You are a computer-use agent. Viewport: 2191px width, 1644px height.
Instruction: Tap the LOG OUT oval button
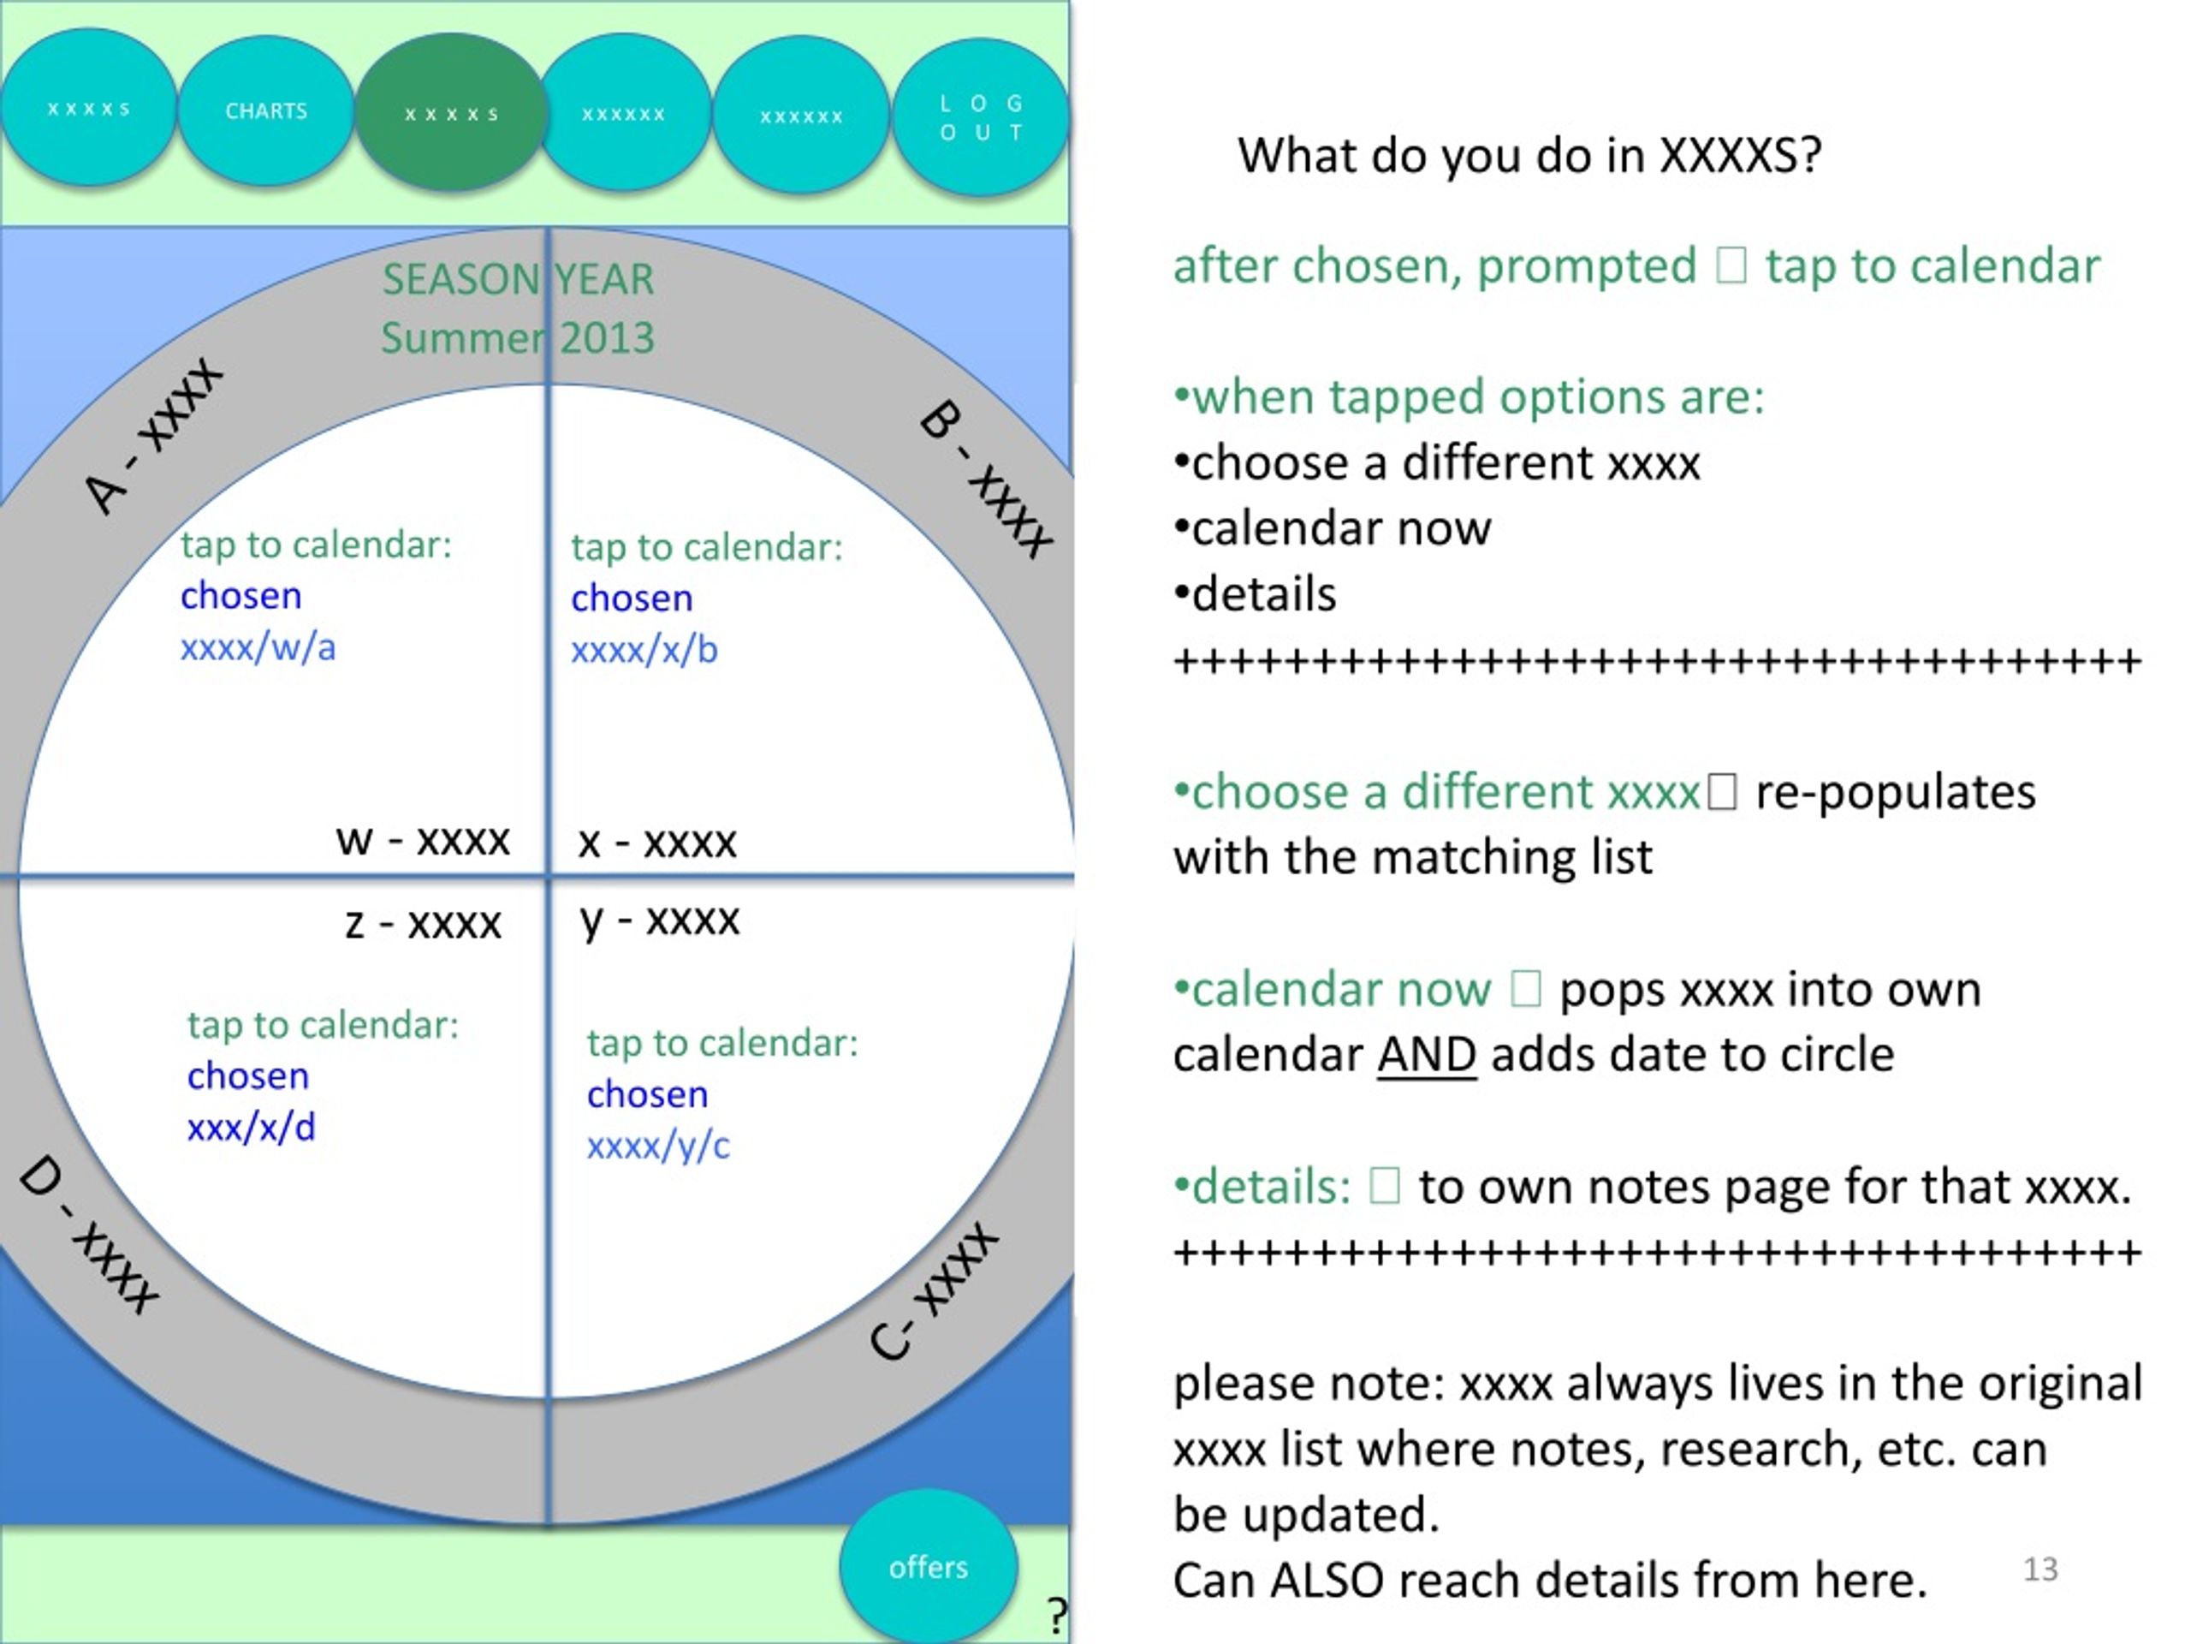pyautogui.click(x=981, y=117)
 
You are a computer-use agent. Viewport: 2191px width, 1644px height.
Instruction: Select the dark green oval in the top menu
pyautogui.click(x=451, y=113)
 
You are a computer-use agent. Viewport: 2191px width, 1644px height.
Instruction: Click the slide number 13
pyautogui.click(x=2040, y=1569)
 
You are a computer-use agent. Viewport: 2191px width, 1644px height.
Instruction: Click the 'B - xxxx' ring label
pyautogui.click(x=987, y=479)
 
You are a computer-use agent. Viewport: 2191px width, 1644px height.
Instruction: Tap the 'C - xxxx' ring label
pyautogui.click(x=934, y=1292)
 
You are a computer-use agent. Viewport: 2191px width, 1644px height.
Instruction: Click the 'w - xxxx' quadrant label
pyautogui.click(x=423, y=840)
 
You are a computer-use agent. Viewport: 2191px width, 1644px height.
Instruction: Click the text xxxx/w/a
pyautogui.click(x=258, y=647)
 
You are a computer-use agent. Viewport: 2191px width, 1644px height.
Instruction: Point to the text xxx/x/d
pyautogui.click(x=252, y=1127)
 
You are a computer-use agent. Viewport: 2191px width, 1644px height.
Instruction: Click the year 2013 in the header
pyautogui.click(x=607, y=338)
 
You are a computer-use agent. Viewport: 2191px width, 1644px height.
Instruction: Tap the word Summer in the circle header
pyautogui.click(x=462, y=338)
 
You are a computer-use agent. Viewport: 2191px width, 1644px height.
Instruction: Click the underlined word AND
pyautogui.click(x=1427, y=1054)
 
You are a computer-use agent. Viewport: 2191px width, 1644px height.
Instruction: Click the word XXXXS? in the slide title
pyautogui.click(x=1740, y=155)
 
